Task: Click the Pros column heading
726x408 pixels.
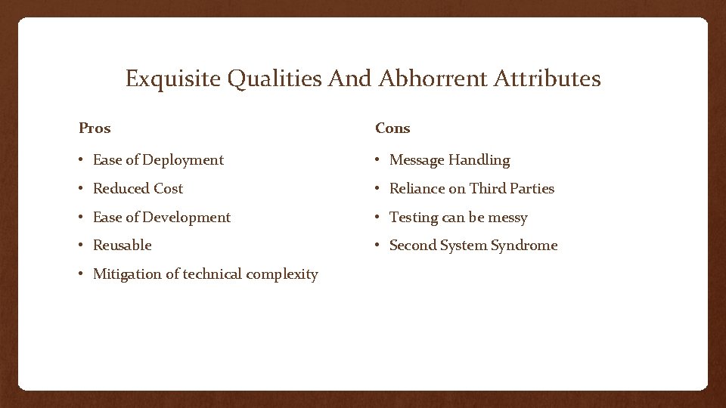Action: click(x=95, y=128)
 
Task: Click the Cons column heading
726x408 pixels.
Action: click(x=392, y=128)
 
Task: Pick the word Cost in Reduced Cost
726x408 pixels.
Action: click(x=168, y=189)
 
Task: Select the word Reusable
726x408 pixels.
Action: click(x=122, y=246)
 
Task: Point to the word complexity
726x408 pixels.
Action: click(x=283, y=274)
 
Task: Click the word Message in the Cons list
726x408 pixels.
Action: click(x=416, y=160)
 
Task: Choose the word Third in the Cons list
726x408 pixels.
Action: click(x=486, y=189)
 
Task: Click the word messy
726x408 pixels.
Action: click(x=508, y=218)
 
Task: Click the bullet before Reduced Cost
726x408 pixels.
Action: click(x=82, y=189)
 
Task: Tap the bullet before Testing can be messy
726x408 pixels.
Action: click(x=378, y=218)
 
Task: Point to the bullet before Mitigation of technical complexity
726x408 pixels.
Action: click(x=82, y=274)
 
